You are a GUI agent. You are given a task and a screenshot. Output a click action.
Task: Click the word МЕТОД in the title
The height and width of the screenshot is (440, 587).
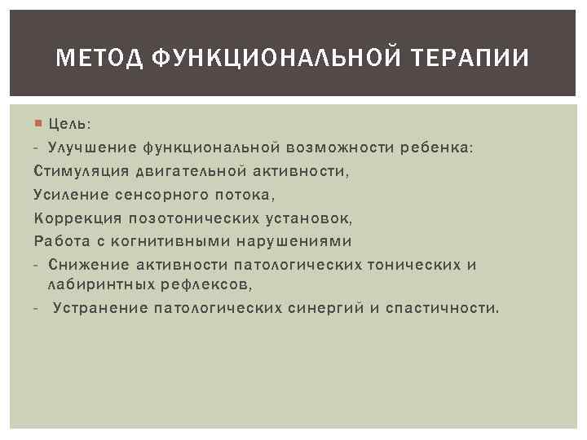click(x=93, y=59)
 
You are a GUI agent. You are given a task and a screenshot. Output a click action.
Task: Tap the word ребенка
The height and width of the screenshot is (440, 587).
click(x=435, y=148)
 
